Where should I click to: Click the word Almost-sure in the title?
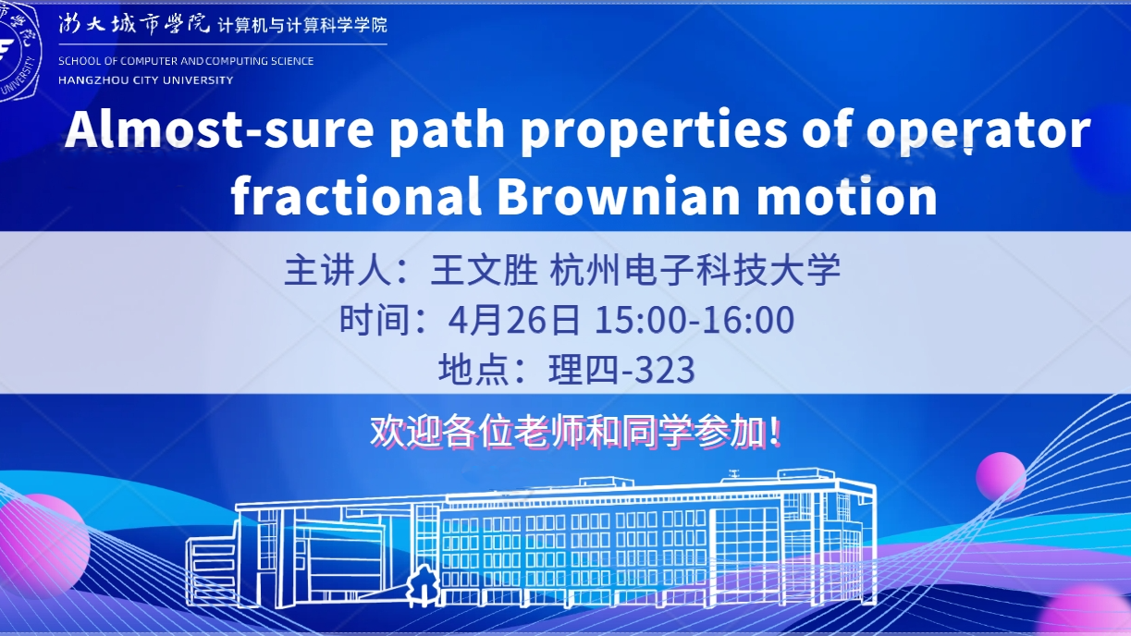click(x=220, y=129)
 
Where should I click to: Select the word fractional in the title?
click(x=356, y=195)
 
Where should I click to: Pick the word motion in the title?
click(x=847, y=195)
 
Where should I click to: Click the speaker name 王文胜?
click(x=484, y=271)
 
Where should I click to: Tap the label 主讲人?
click(x=338, y=271)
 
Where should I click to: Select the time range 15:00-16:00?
click(x=695, y=320)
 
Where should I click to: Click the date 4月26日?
click(x=514, y=320)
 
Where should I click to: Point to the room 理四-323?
click(x=621, y=369)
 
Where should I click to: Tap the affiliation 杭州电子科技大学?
click(x=695, y=271)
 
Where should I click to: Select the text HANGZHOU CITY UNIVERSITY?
click(x=145, y=80)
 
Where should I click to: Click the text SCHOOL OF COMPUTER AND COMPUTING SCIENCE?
click(x=186, y=61)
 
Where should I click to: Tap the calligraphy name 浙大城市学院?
click(x=133, y=23)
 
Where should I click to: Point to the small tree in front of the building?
click(x=423, y=585)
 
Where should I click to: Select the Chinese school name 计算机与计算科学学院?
click(x=302, y=25)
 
